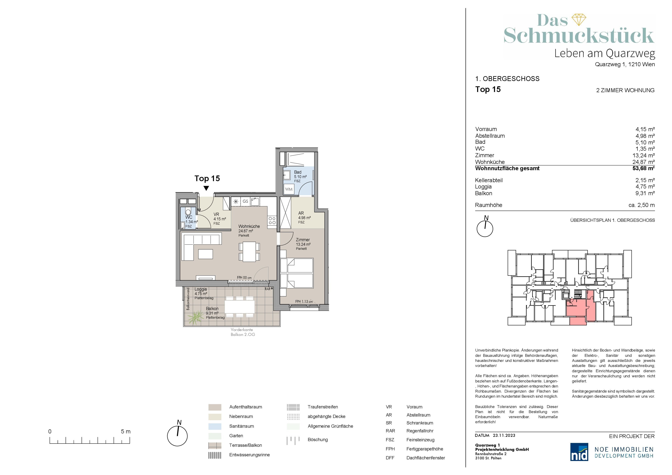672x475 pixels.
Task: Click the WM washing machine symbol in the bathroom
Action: coord(289,189)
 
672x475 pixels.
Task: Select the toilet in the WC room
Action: coord(189,212)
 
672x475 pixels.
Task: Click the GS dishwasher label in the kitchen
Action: coord(245,201)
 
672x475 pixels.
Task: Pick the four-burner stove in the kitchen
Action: coord(272,221)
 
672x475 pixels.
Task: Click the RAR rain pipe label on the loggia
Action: coord(267,289)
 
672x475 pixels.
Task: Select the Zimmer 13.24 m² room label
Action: coord(303,242)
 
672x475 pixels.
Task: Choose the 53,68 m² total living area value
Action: coord(643,169)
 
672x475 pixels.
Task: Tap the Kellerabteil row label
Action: coord(489,180)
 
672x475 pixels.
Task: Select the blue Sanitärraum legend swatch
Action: coord(215,426)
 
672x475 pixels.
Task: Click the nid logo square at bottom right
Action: coord(579,452)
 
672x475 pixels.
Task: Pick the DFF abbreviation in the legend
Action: coord(390,458)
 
